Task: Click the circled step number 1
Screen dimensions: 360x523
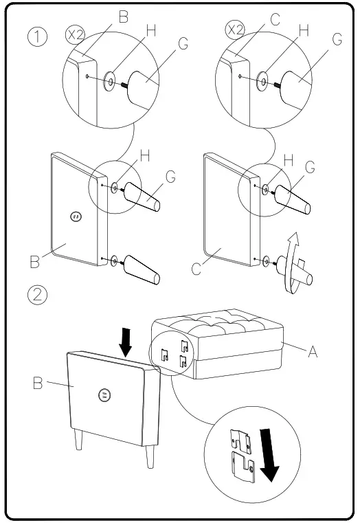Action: tap(37, 36)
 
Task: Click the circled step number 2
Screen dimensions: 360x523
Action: tap(37, 295)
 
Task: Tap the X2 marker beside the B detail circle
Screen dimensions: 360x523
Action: tap(76, 34)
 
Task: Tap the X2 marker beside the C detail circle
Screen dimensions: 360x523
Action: tap(235, 30)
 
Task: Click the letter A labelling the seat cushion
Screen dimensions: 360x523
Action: tap(313, 351)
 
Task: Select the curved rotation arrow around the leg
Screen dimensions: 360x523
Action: tap(293, 263)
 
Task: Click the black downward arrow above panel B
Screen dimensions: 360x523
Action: tap(126, 342)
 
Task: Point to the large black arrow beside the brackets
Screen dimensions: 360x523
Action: tap(269, 455)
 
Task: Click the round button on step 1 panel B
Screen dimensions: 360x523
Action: tap(76, 216)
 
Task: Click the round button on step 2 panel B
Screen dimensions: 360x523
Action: tap(104, 395)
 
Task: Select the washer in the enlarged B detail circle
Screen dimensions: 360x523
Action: tap(109, 81)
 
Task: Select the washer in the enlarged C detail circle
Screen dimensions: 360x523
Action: tap(262, 82)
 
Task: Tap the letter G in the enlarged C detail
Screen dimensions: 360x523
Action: tap(337, 39)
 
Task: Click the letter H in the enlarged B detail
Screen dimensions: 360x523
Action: tap(151, 31)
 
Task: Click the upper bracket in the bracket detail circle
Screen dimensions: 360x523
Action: tap(241, 441)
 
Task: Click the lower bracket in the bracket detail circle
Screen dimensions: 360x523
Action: tap(243, 467)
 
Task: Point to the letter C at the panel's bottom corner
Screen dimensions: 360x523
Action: tap(196, 269)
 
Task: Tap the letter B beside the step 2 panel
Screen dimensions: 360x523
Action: tap(38, 383)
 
